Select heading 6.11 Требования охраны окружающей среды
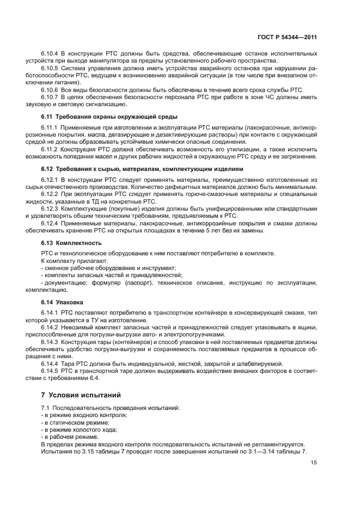tap(109, 117)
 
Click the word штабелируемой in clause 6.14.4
tap(259, 363)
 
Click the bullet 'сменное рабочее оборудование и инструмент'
tap(108, 268)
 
